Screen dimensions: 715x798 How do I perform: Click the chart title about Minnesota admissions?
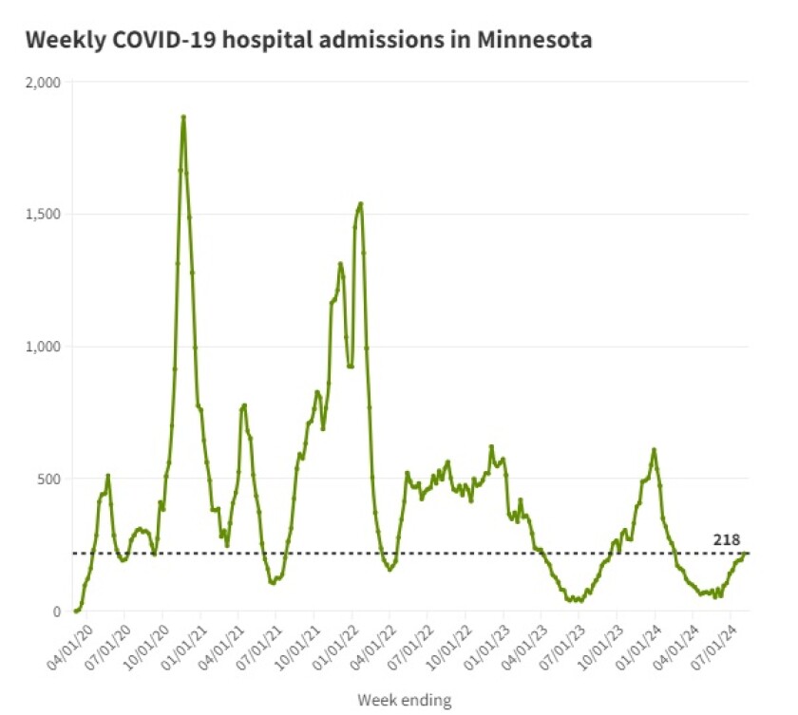(x=309, y=41)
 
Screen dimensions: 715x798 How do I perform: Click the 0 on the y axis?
(x=56, y=612)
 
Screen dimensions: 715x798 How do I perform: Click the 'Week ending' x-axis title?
(x=404, y=701)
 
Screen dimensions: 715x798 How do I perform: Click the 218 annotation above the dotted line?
(x=727, y=540)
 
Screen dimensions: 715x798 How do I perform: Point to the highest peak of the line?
(x=183, y=117)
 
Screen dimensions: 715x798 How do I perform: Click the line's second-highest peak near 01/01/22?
(x=361, y=203)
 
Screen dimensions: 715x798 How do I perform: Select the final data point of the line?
(x=746, y=554)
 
